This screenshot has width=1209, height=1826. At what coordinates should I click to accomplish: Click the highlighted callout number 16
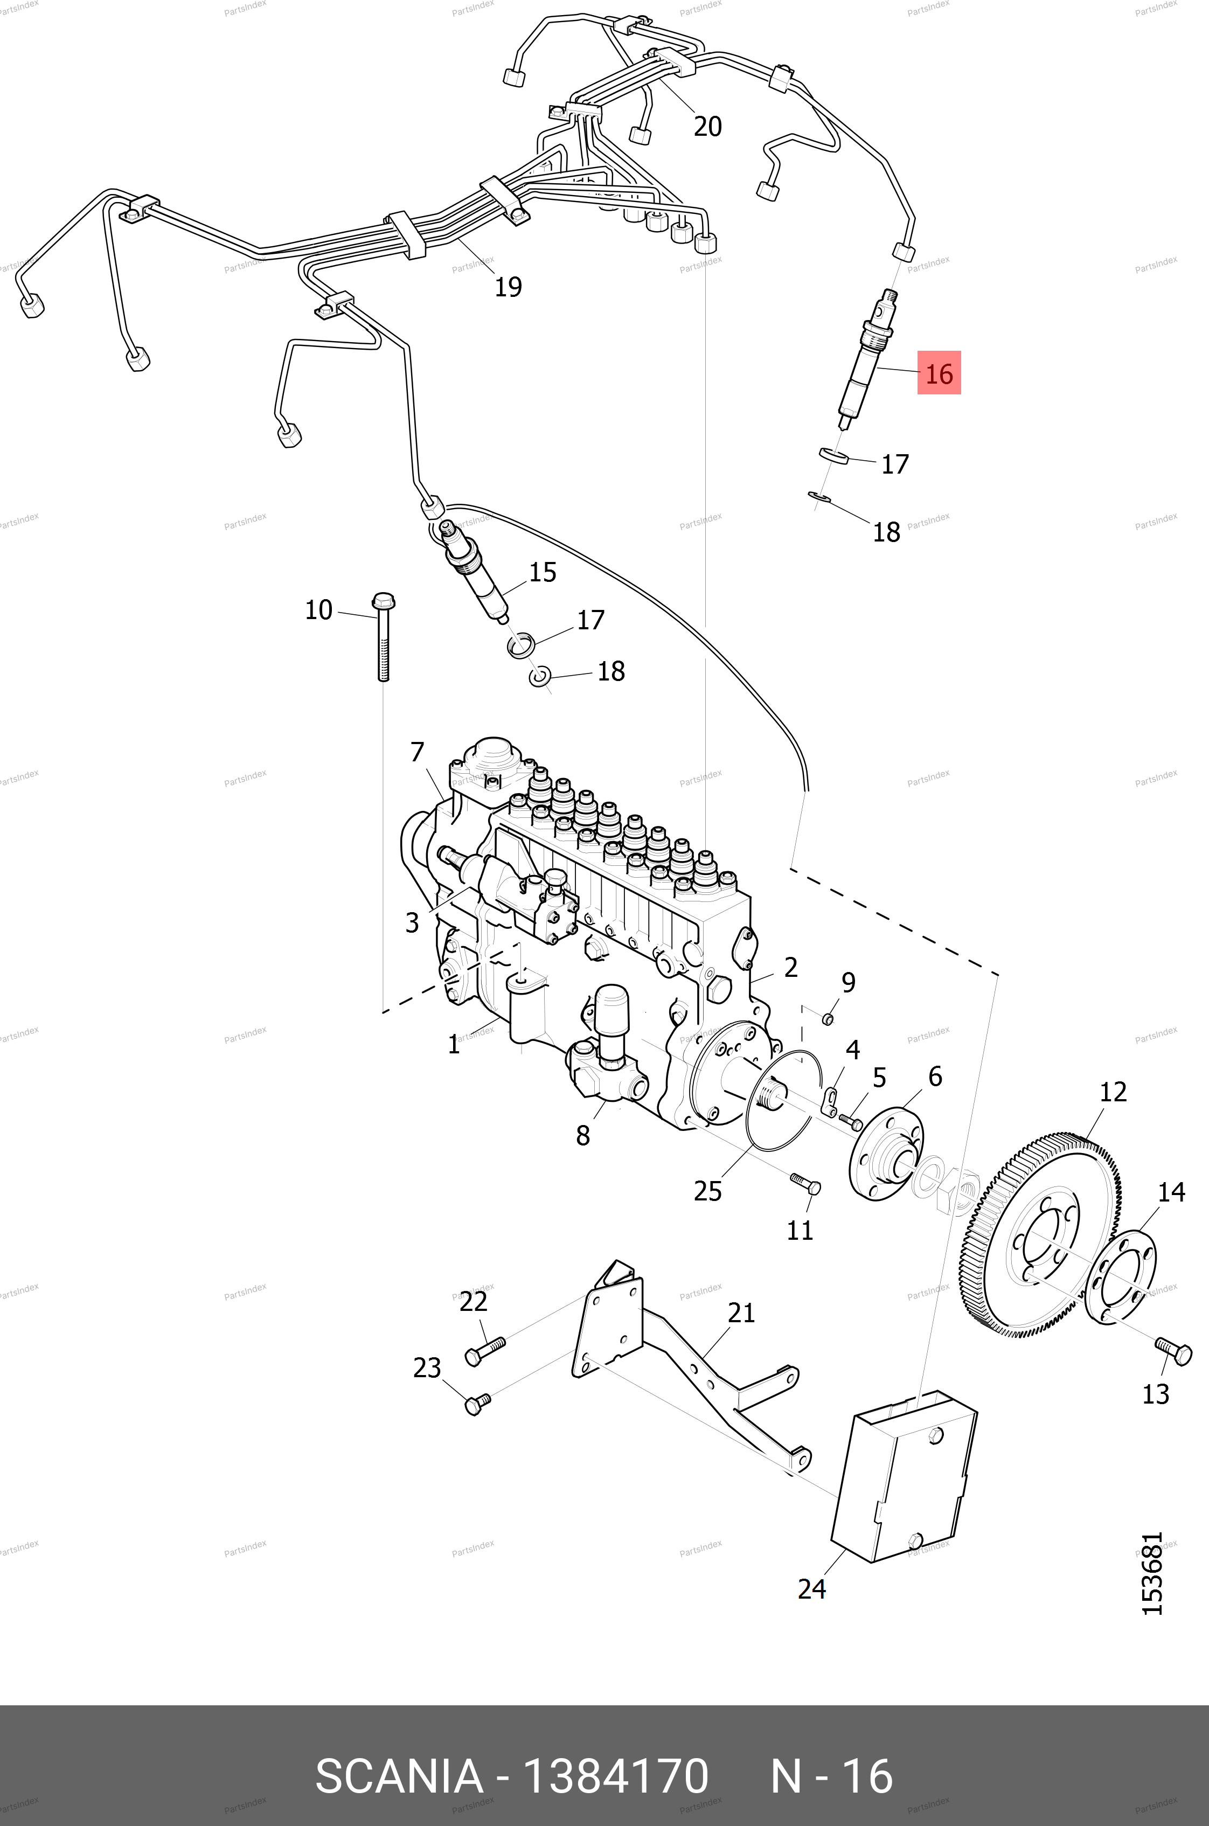[939, 373]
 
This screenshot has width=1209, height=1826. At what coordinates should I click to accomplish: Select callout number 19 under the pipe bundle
[508, 287]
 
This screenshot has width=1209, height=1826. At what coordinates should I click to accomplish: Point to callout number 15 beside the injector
[542, 572]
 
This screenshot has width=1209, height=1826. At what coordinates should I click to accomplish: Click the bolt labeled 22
[484, 1350]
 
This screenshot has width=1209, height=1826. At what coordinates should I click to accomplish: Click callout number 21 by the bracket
[740, 1313]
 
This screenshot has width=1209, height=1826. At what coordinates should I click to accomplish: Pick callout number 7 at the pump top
[417, 751]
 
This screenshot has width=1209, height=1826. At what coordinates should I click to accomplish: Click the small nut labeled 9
[828, 1020]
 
